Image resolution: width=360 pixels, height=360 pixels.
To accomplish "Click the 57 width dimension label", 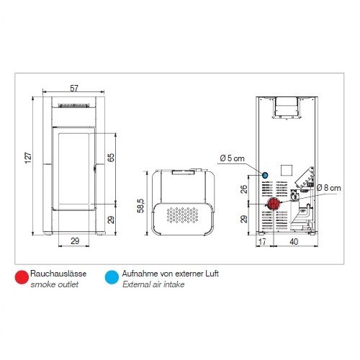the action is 74,89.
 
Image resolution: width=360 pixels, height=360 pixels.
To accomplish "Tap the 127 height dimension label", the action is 28,158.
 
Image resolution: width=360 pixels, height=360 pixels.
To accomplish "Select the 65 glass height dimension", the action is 111,158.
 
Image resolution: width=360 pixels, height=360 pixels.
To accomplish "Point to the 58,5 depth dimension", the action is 140,206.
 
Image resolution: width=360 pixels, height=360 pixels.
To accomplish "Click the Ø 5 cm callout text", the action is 232,158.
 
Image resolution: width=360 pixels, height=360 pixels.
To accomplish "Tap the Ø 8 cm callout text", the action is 328,187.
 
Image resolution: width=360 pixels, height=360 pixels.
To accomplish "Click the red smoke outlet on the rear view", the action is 273,204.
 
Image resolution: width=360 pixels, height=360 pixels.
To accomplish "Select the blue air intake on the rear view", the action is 265,175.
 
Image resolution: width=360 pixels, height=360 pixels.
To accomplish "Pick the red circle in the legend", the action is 22,277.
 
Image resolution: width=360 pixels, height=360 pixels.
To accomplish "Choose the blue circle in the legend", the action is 112,277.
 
